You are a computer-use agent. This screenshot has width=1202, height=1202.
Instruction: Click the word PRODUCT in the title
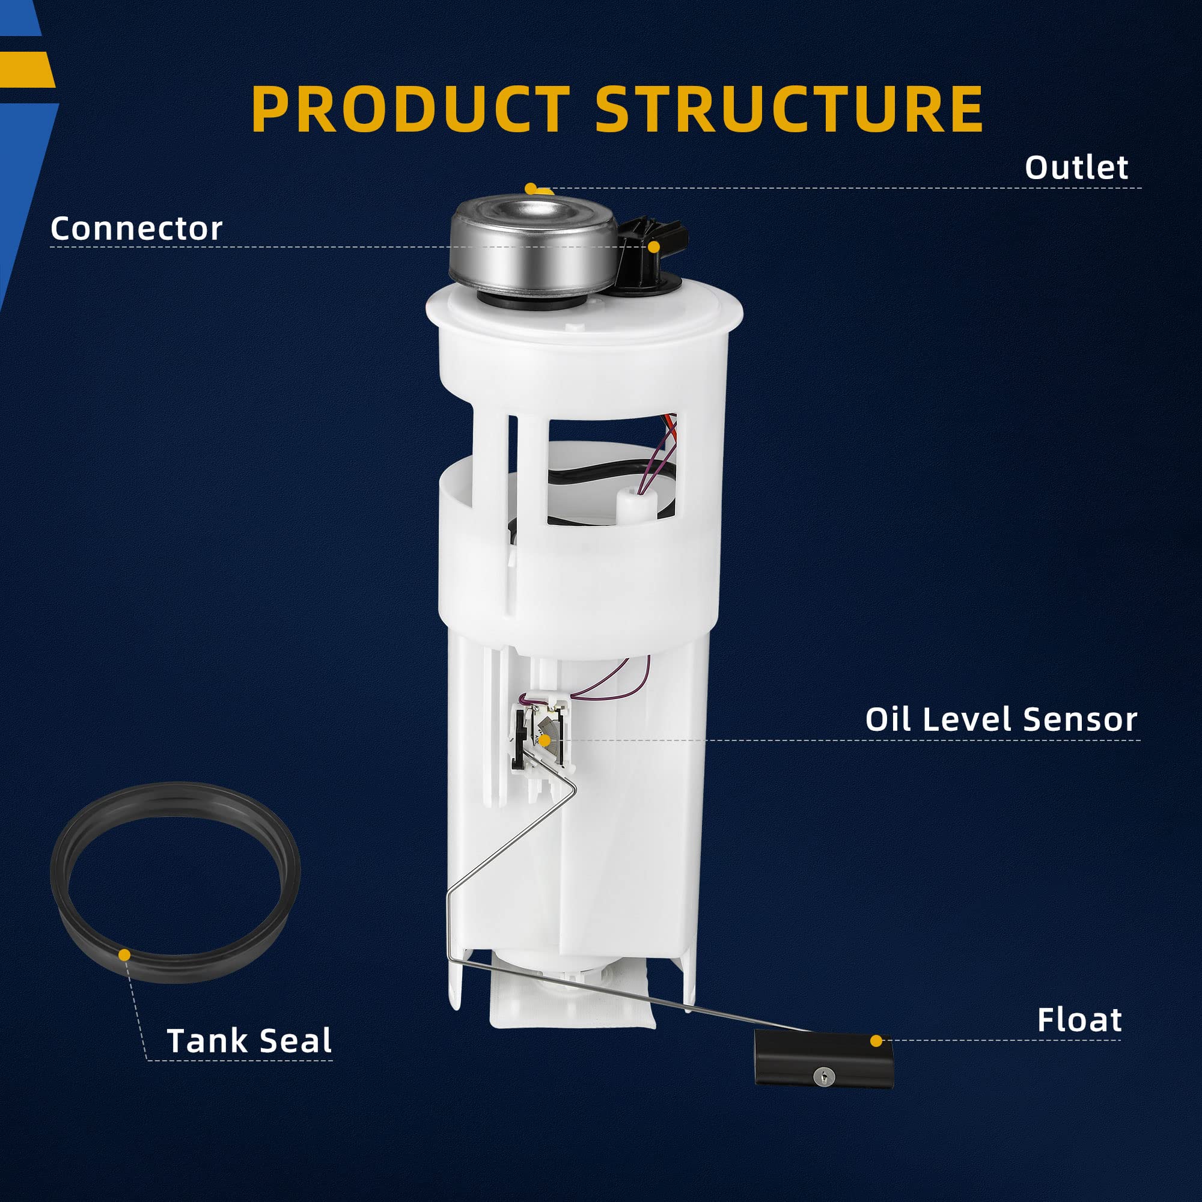tap(410, 109)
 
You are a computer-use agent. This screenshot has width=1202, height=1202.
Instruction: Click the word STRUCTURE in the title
tap(789, 109)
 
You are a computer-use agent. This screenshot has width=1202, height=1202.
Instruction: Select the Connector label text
tap(136, 228)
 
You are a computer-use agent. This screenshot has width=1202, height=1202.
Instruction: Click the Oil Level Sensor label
tap(1001, 719)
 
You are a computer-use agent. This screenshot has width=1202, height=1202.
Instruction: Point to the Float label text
tap(1079, 1020)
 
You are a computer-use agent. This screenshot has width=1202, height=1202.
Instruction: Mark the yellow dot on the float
tap(876, 1041)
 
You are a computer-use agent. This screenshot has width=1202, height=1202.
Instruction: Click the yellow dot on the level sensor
tap(545, 740)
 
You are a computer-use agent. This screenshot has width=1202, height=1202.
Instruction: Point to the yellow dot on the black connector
tap(653, 247)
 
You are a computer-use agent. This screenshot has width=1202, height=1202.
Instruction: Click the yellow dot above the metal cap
tap(530, 188)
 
